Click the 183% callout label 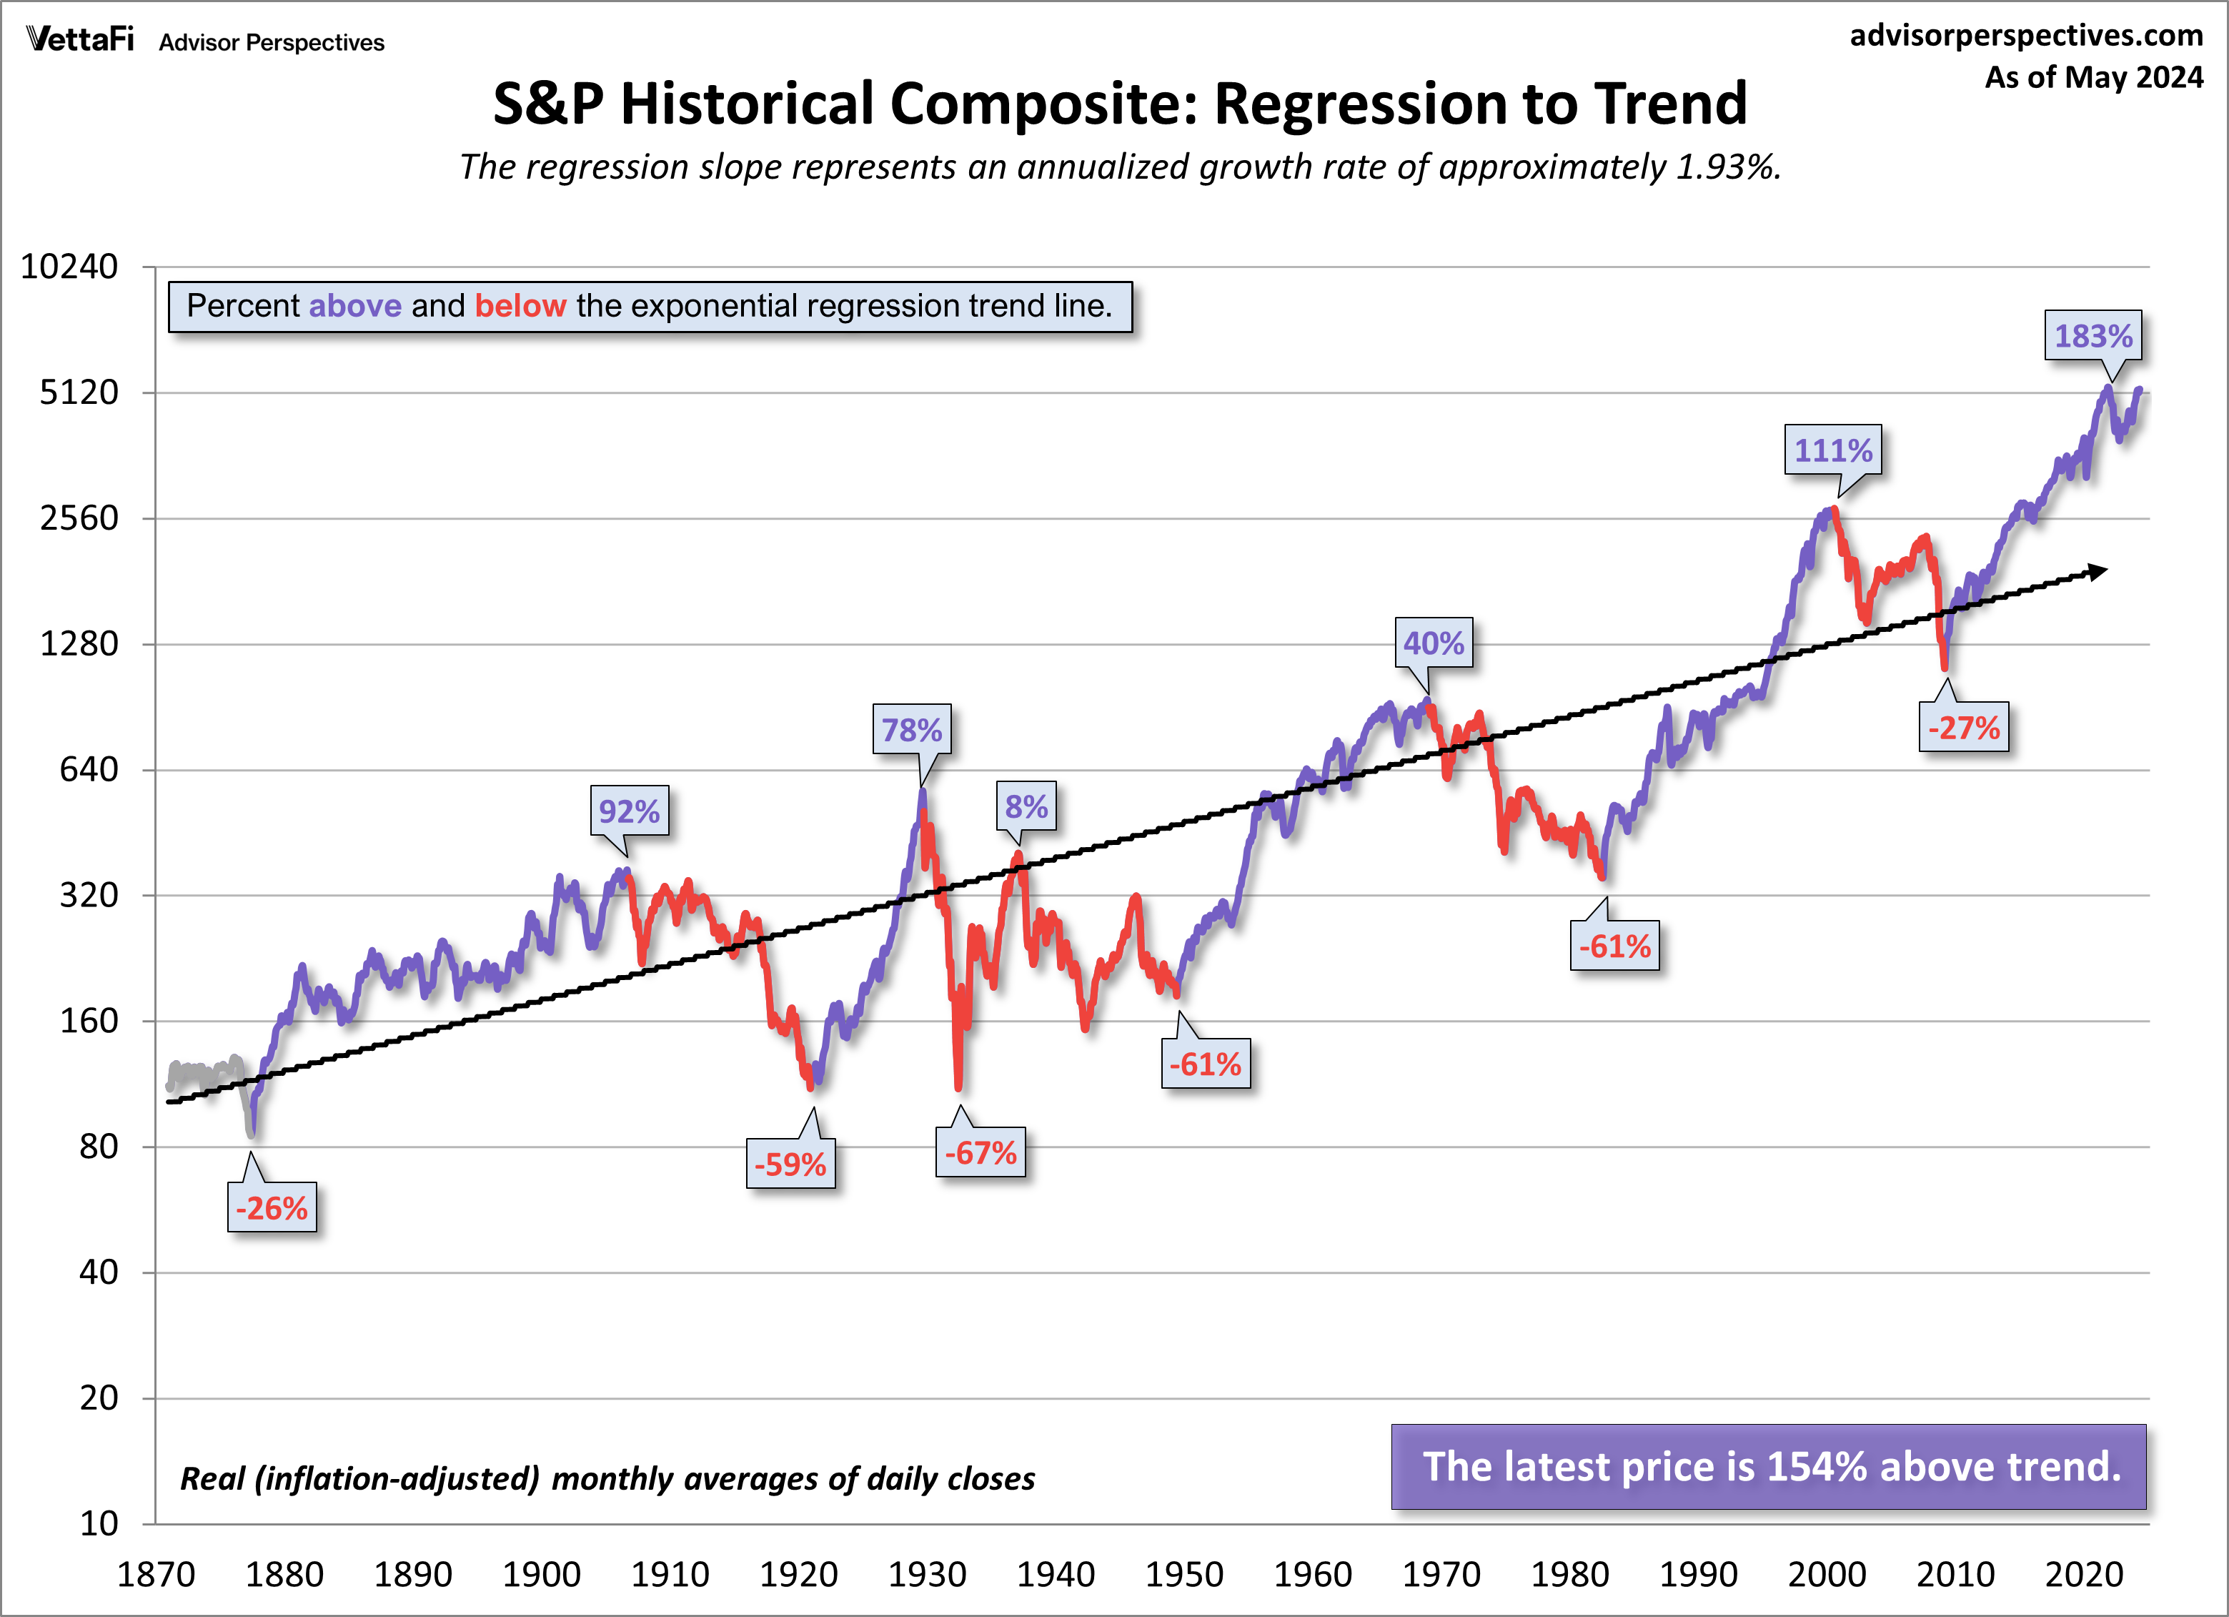(2093, 336)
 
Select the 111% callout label (1833, 450)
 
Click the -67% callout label (980, 1152)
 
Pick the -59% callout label (790, 1164)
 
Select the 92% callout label (629, 811)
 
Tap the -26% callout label (272, 1208)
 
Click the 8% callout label (1026, 807)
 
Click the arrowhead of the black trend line (2098, 571)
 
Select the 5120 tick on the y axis (79, 392)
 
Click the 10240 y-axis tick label (69, 267)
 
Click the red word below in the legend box (520, 306)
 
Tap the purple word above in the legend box (354, 306)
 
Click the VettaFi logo (79, 39)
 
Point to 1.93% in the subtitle (1727, 167)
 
